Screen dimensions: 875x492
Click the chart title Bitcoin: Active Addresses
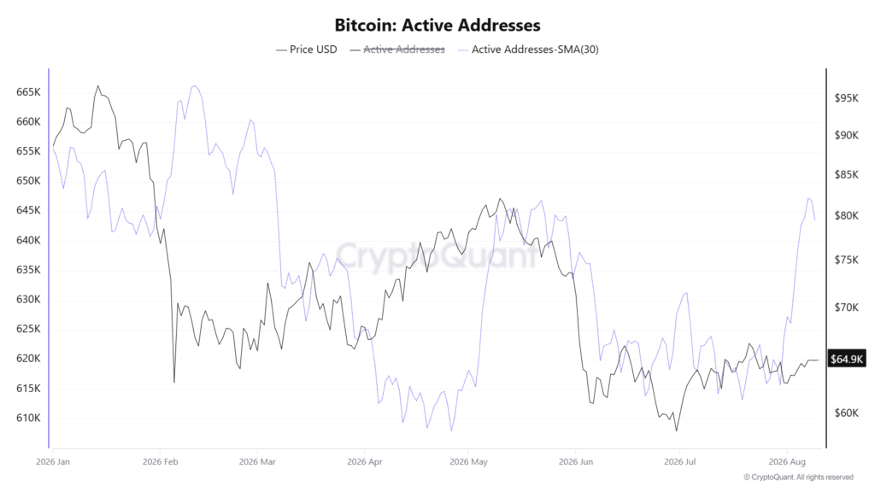437,25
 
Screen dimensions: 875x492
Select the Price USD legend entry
307,50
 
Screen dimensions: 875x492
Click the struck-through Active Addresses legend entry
397,50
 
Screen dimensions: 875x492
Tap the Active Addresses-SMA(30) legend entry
528,50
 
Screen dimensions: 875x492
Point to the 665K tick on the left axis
28,92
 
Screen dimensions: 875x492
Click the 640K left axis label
28,240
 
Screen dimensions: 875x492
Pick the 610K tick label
28,419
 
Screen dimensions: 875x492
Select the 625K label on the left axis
28,329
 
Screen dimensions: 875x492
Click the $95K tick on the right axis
847,98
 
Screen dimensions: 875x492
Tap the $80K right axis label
847,216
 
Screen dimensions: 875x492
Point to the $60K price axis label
847,413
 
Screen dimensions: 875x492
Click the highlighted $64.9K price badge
847,359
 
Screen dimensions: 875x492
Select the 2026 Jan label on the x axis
53,462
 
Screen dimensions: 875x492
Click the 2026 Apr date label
364,462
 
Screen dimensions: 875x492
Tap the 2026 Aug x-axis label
787,462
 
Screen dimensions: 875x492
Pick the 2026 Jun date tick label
575,462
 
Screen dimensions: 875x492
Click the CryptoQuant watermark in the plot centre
437,256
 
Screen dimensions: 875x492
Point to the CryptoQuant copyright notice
799,477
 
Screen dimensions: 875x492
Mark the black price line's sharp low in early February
174,382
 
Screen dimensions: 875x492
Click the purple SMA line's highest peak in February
194,86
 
